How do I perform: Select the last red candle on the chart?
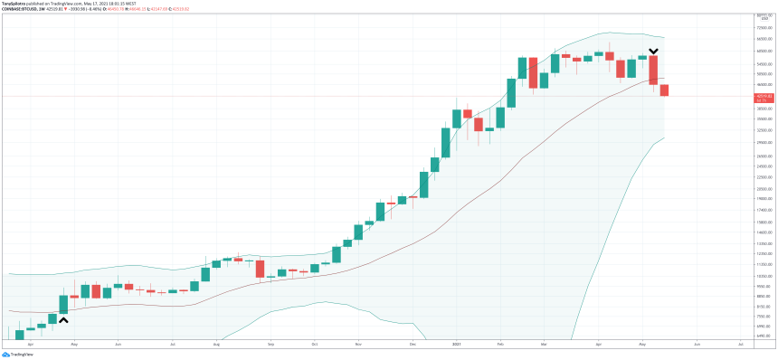665,90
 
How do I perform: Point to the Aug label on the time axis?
216,345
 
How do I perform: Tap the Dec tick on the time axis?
412,345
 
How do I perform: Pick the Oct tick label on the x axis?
314,345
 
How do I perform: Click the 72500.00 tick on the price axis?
763,29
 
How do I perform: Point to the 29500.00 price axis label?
763,142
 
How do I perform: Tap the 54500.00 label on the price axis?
763,64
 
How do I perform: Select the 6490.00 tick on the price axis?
763,336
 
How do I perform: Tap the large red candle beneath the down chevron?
653,71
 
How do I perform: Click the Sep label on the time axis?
270,345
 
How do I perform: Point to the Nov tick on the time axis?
358,345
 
